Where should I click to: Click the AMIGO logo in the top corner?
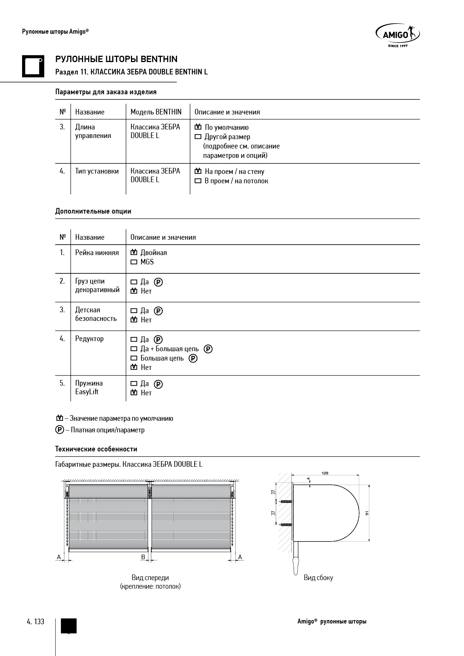(397, 36)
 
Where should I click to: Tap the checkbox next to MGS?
(134, 262)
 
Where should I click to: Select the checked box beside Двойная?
(134, 252)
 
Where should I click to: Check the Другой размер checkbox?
(198, 137)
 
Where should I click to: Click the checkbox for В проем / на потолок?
(198, 181)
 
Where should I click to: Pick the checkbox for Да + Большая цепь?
(134, 349)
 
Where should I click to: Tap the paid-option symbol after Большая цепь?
(193, 358)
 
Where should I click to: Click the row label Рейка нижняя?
(97, 253)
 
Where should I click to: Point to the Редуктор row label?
(89, 339)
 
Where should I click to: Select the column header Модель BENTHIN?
(156, 112)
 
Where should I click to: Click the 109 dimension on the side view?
(325, 473)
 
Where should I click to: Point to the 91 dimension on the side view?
(367, 513)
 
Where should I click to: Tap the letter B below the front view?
(143, 557)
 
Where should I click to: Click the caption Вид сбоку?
(318, 577)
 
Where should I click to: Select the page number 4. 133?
(36, 622)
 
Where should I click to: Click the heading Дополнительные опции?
(93, 211)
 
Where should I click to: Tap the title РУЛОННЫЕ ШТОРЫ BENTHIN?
(116, 59)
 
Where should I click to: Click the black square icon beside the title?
(33, 66)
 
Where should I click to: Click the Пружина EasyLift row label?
(89, 387)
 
